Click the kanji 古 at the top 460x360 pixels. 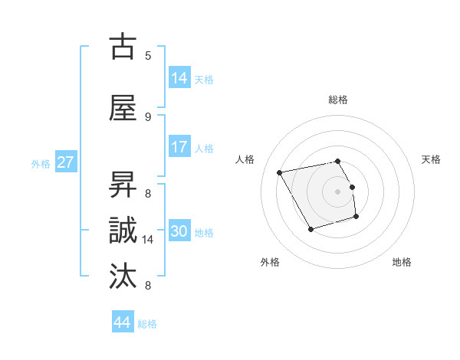pyautogui.click(x=123, y=47)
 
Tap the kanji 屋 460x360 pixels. pyautogui.click(x=123, y=108)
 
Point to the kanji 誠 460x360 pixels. pyautogui.click(x=123, y=231)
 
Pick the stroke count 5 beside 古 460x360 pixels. pyautogui.click(x=148, y=55)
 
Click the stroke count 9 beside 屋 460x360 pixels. pyautogui.click(x=148, y=116)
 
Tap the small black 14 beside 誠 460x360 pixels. pyautogui.click(x=148, y=240)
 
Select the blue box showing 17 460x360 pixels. pyautogui.click(x=179, y=147)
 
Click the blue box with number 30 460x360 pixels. pyautogui.click(x=179, y=231)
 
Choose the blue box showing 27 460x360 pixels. pyautogui.click(x=66, y=162)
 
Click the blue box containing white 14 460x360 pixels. pyautogui.click(x=179, y=77)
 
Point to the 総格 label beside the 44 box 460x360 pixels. pyautogui.click(x=147, y=324)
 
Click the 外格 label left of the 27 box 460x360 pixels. pyautogui.click(x=41, y=163)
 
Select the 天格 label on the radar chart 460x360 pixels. pyautogui.click(x=431, y=159)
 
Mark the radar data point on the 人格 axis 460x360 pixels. pyautogui.click(x=280, y=172)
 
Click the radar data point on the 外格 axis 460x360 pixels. pyautogui.click(x=310, y=229)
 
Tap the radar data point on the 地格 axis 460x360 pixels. pyautogui.click(x=357, y=218)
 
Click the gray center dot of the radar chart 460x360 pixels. pyautogui.click(x=338, y=191)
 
